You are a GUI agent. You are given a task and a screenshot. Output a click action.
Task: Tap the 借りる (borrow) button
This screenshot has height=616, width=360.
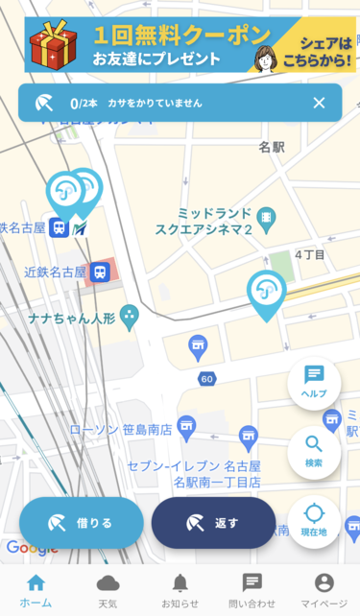pos(82,523)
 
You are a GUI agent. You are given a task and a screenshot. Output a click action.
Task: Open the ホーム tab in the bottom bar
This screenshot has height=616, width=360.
pos(36,589)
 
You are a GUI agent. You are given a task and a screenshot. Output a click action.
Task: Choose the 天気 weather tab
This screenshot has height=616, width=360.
pos(108,589)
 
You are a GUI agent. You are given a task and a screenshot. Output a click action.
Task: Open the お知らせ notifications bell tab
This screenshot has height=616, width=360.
pos(180,589)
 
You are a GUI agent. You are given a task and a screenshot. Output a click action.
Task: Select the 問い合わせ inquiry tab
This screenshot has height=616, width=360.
pos(252,589)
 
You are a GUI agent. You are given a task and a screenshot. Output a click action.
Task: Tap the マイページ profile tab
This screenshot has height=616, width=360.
pos(324,589)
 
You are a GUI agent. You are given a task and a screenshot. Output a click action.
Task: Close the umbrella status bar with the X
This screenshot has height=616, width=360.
pos(319,103)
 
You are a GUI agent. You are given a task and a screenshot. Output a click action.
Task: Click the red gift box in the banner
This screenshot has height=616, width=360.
pos(53,46)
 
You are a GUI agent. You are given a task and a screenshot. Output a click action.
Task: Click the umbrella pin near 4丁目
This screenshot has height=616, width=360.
pos(267,292)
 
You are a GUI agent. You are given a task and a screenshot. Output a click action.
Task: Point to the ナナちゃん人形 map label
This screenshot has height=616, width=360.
pos(71,317)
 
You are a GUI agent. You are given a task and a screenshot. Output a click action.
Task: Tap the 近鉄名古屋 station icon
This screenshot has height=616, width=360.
pos(99,272)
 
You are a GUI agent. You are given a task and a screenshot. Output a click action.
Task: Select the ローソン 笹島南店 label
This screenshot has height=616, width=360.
pos(120,428)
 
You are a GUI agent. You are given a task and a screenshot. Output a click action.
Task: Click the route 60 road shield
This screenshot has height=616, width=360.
pos(206,379)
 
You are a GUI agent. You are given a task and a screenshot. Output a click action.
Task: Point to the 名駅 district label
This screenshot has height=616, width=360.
pos(272,148)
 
